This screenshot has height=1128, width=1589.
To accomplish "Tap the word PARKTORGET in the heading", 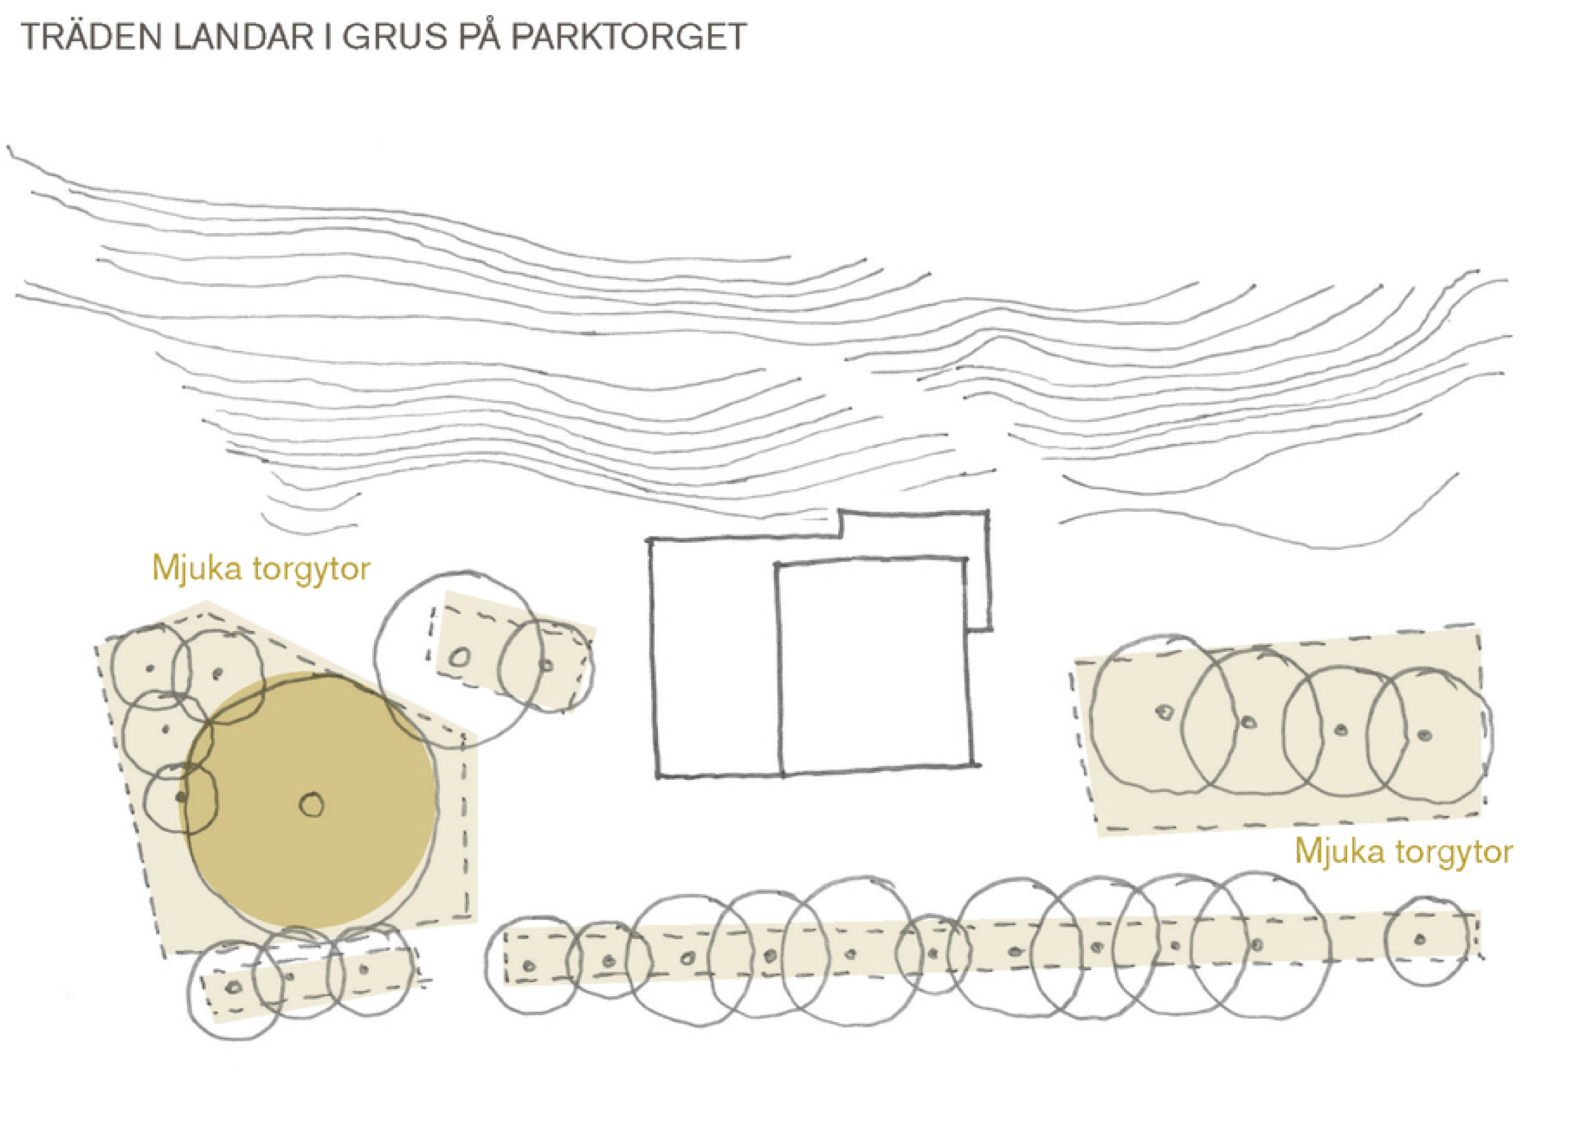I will coord(629,37).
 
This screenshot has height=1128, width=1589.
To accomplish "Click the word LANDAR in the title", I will coord(243,37).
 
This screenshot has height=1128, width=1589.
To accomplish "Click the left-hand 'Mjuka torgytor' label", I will coord(261,568).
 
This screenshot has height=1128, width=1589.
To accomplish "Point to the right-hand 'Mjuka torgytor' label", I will coord(1403,851).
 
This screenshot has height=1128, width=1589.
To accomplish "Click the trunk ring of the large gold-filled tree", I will coord(311,804).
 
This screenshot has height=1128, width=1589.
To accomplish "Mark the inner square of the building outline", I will coord(874,665).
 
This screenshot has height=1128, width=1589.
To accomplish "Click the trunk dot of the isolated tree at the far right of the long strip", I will coord(1419,940).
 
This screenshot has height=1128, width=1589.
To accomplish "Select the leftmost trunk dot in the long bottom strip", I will coord(529,966).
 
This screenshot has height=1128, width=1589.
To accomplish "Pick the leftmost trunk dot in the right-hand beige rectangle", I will coord(1164,712).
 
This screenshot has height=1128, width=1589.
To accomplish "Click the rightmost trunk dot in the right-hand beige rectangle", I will coord(1424,736).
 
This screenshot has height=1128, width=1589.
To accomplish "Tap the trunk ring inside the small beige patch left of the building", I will coord(459,657).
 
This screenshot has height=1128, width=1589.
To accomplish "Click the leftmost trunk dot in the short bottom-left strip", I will coord(233,987).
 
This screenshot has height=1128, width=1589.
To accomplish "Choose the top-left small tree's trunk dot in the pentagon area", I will coord(150,669).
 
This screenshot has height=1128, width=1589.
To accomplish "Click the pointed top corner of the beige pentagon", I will coord(207,602).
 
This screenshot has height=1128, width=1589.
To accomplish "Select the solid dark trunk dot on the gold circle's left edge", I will coord(181,797).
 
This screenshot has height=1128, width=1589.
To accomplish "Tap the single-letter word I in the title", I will coord(328,37).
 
